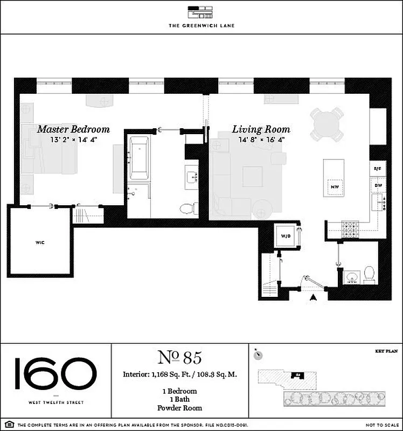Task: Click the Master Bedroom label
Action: click(x=73, y=129)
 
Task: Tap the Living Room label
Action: click(x=261, y=129)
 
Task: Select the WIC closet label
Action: click(x=40, y=243)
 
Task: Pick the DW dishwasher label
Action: click(x=378, y=185)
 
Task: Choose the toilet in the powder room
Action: click(x=370, y=274)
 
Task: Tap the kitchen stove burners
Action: click(x=351, y=228)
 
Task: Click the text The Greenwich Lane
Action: click(x=201, y=25)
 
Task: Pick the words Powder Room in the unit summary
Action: click(x=179, y=408)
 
